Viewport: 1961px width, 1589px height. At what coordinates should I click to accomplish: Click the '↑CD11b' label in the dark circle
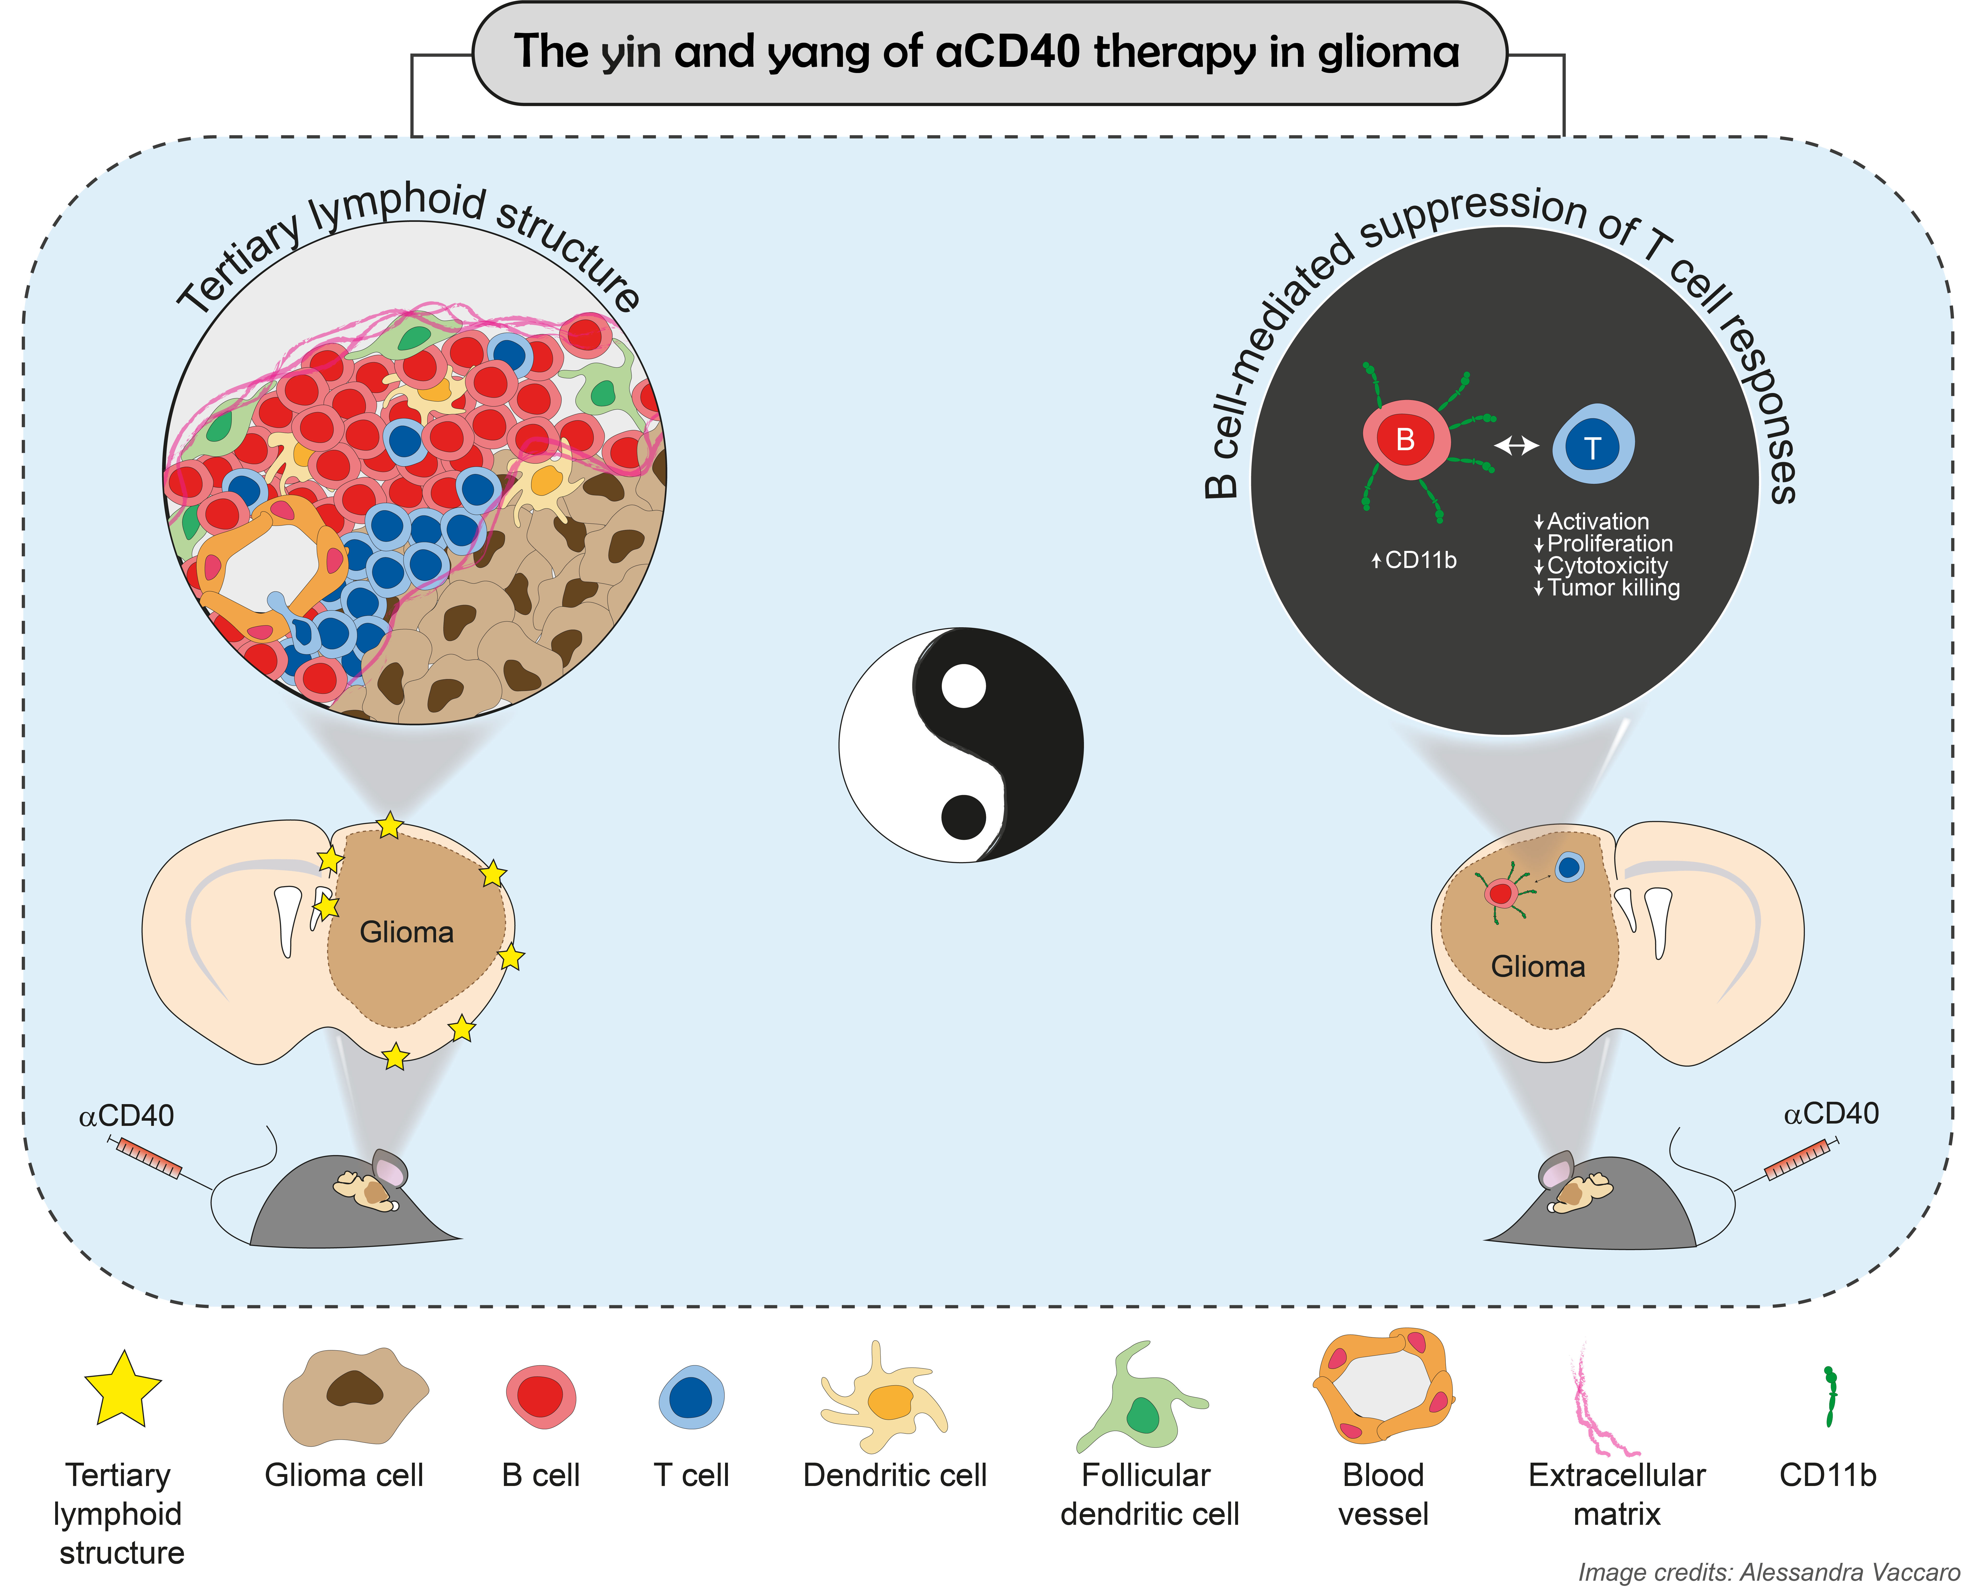click(1414, 560)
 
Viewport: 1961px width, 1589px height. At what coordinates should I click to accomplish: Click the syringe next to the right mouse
click(1800, 1159)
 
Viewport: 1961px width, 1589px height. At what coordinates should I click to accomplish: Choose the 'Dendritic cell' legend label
click(894, 1476)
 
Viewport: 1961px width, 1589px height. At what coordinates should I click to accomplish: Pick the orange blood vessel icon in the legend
click(1383, 1385)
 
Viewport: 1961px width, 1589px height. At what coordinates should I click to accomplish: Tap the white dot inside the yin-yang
click(963, 687)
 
